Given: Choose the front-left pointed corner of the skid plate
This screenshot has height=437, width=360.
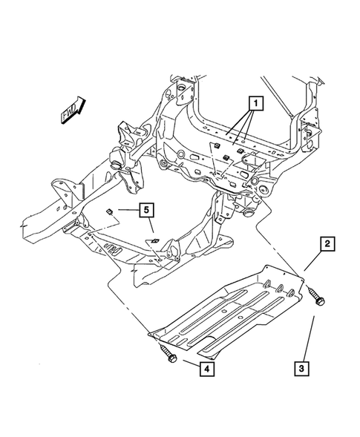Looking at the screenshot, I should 151,335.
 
